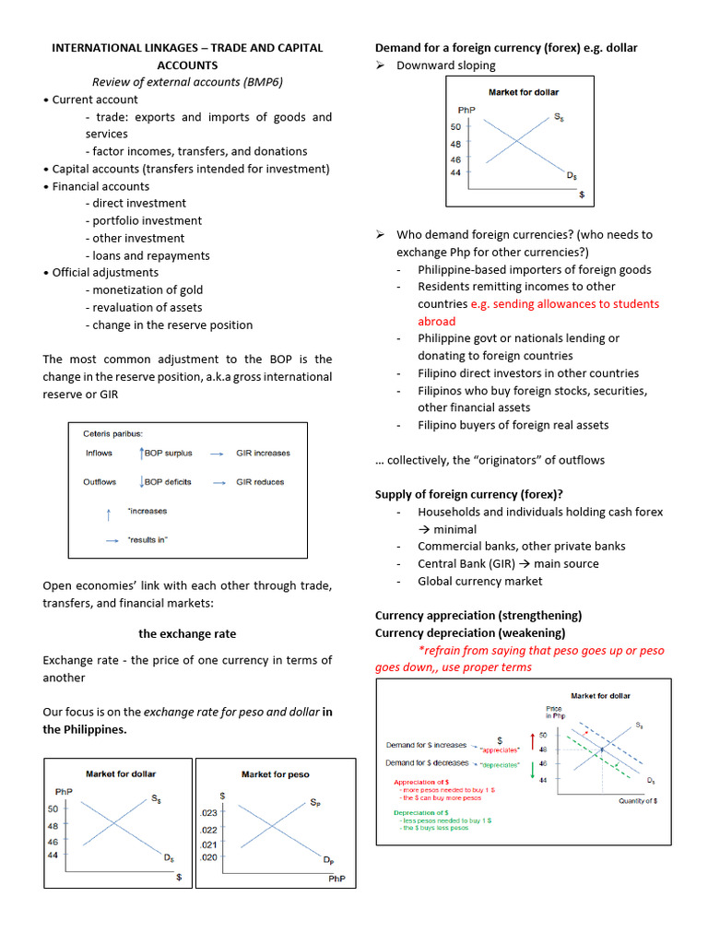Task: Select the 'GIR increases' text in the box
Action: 263,453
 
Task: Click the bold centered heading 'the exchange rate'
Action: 187,633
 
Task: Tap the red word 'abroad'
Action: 436,321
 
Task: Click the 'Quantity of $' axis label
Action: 637,801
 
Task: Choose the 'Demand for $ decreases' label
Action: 426,763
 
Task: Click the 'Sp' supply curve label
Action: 315,801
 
